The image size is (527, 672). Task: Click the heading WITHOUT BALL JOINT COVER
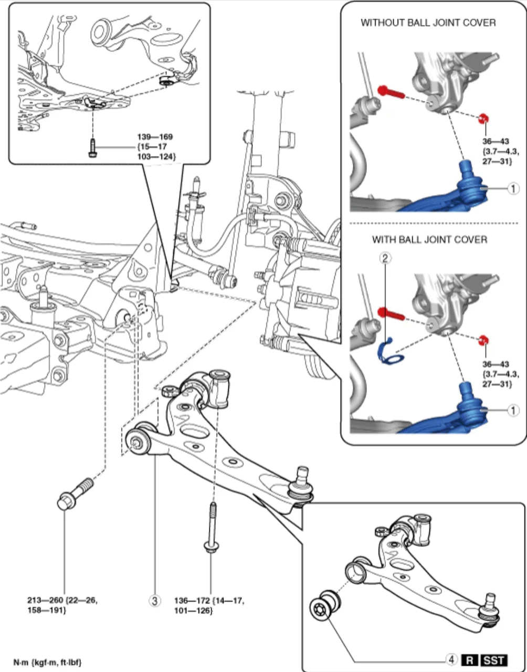point(428,23)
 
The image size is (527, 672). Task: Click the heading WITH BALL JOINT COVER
point(429,240)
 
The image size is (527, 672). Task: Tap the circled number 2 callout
point(386,258)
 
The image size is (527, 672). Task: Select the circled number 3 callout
point(155,600)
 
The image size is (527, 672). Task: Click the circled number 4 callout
point(450,659)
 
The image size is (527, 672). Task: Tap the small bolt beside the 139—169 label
point(92,148)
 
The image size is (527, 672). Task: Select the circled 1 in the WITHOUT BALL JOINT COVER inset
point(513,188)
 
